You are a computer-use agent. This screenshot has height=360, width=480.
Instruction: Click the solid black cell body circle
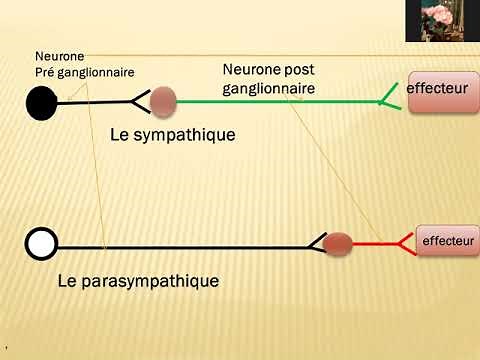42,102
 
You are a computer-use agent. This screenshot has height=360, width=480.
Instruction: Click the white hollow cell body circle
42,242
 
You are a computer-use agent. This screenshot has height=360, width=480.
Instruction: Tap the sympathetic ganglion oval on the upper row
162,101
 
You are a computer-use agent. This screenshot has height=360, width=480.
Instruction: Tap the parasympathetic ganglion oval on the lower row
338,242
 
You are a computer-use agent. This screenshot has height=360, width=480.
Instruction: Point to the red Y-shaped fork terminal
406,242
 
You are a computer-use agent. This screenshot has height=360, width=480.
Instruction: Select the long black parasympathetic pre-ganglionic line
180,243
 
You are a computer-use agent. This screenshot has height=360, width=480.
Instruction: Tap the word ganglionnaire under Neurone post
268,88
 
